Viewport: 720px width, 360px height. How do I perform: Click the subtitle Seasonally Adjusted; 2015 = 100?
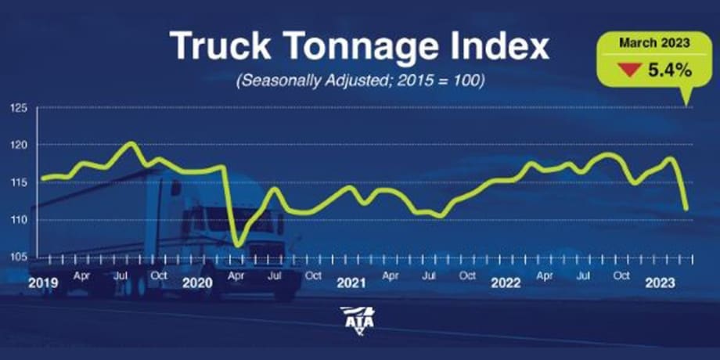click(x=359, y=81)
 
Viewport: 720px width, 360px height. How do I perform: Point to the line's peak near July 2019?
click(x=131, y=143)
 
